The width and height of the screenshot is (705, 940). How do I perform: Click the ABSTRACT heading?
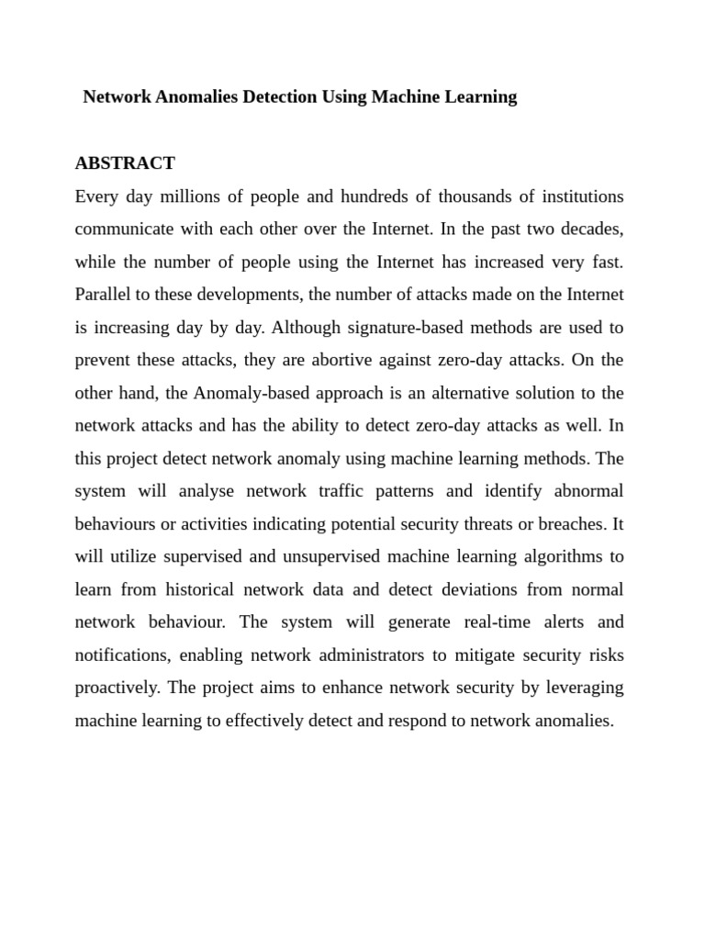pos(125,163)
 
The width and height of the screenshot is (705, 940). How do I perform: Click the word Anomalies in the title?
pos(189,96)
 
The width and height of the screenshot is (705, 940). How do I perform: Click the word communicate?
pos(123,229)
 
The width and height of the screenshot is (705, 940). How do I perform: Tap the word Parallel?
pos(104,295)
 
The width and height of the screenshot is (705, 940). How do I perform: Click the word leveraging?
pos(582,688)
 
